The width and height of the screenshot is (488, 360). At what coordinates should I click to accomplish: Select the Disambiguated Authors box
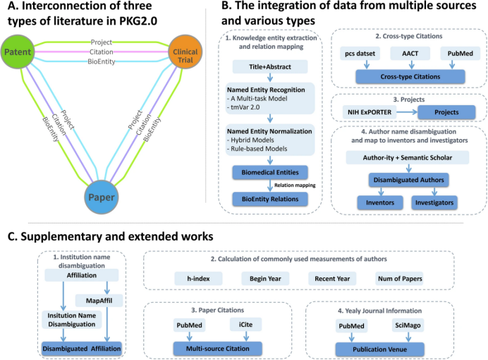click(x=408, y=181)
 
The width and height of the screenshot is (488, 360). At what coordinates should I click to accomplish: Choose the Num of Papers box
click(x=399, y=280)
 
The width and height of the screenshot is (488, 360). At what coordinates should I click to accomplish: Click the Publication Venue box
click(x=382, y=348)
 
